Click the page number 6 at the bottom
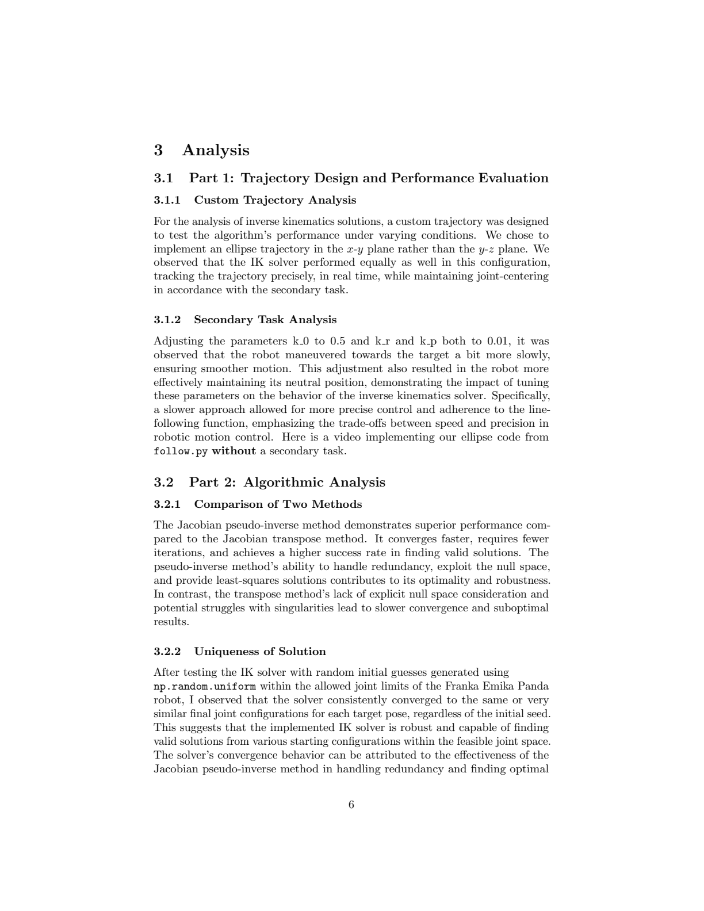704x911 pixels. (x=351, y=805)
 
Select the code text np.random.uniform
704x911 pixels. (x=205, y=686)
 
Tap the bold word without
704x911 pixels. (x=234, y=451)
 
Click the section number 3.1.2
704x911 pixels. (x=167, y=319)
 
